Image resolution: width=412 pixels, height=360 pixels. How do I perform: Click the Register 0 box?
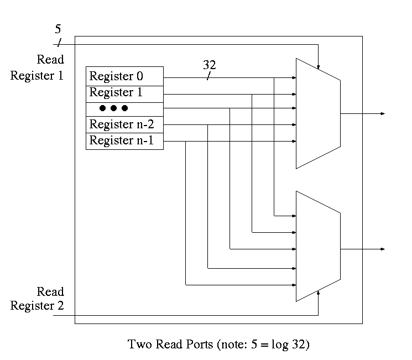(124, 76)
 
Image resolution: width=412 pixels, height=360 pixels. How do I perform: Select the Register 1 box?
(124, 93)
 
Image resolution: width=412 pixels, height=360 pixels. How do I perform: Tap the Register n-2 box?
(124, 124)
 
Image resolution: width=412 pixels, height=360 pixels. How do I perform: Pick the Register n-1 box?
(124, 141)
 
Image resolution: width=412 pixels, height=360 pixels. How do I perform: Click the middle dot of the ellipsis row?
(113, 108)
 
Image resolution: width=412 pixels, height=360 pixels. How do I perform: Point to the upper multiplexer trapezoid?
(318, 113)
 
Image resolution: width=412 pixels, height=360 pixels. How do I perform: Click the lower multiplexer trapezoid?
(318, 246)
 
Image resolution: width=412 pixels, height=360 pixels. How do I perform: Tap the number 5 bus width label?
(58, 29)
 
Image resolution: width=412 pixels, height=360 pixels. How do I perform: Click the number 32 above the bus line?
(209, 65)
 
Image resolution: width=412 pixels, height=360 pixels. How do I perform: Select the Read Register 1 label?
(37, 67)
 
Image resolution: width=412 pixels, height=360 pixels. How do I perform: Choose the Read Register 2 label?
(37, 299)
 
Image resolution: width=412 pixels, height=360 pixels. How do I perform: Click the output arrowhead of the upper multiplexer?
(382, 113)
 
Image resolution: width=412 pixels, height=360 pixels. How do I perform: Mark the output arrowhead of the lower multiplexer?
(382, 249)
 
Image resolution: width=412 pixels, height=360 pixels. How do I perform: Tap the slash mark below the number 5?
(59, 44)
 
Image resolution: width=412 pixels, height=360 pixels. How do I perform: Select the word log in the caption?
(279, 345)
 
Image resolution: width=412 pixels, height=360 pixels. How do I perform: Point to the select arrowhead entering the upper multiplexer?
(318, 68)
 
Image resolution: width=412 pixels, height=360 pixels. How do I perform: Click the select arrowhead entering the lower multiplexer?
(318, 291)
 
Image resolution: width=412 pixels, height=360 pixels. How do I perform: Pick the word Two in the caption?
(138, 345)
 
